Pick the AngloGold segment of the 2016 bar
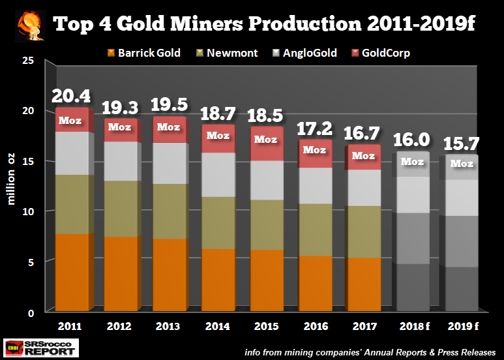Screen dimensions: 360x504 314,186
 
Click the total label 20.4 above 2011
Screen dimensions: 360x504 71,97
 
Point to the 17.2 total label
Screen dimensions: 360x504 315,130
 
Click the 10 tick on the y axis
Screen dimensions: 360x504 29,212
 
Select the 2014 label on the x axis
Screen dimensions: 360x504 216,323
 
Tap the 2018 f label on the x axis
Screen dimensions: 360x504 412,323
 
